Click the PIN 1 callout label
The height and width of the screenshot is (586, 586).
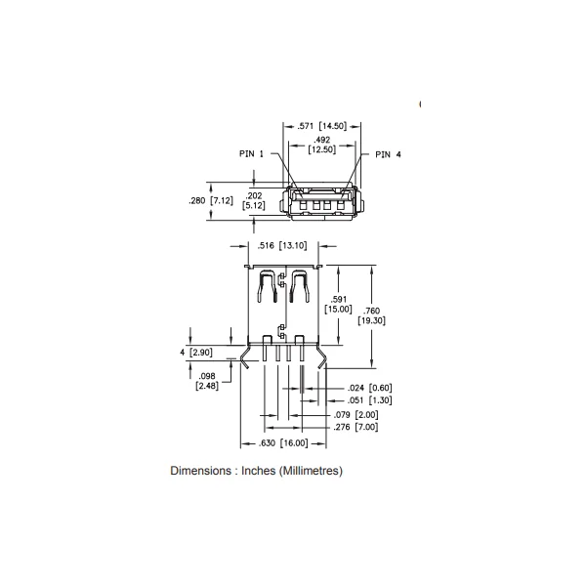pos(251,153)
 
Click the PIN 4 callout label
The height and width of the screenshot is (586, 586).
pos(388,154)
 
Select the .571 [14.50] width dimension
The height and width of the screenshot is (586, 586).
pos(321,126)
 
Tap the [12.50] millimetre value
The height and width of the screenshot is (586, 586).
pos(321,149)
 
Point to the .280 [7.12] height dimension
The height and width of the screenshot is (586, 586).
pos(211,200)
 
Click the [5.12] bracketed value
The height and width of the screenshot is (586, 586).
pos(254,205)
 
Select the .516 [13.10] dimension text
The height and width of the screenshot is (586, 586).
pos(282,245)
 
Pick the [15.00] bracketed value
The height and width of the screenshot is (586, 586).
pos(338,309)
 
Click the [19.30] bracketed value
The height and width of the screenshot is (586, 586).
pos(371,320)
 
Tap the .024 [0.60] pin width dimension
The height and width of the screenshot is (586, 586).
pos(370,388)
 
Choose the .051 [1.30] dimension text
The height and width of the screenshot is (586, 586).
pos(370,400)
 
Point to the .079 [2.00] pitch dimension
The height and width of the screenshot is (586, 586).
pos(356,415)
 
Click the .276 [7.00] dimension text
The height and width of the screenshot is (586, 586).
pos(356,427)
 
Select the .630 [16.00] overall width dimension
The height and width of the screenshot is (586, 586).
pos(283,443)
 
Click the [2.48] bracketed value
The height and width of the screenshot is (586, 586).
pos(207,386)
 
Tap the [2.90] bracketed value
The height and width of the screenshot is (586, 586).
pos(201,353)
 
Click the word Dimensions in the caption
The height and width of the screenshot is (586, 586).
pos(200,471)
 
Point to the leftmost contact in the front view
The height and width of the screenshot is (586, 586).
pos(303,205)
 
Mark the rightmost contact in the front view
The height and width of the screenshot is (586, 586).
pos(340,205)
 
